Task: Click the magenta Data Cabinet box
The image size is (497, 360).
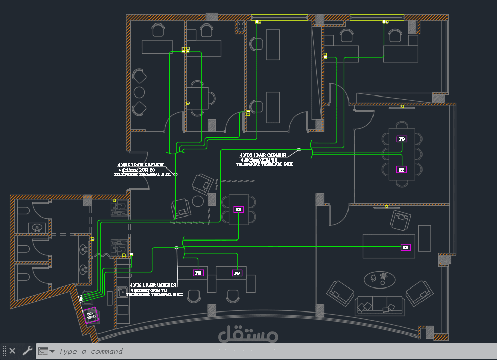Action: (91, 316)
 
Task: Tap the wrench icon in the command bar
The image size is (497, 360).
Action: (27, 351)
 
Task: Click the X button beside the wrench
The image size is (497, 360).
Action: (13, 351)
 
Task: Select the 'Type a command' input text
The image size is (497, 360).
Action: (91, 351)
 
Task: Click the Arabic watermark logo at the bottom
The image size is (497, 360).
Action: (248, 334)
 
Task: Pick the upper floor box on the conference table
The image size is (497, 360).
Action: (402, 139)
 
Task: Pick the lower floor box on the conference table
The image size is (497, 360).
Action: (402, 170)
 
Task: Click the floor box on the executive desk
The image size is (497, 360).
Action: (406, 247)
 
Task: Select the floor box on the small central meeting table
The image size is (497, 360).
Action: (238, 209)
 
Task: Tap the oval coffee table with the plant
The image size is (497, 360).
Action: (379, 279)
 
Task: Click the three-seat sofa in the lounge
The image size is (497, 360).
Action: (379, 305)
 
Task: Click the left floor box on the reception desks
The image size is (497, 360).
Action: (198, 273)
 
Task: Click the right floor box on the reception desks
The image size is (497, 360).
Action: (237, 273)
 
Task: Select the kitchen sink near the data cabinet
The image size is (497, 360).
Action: (122, 292)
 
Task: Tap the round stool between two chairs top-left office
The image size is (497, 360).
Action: (139, 92)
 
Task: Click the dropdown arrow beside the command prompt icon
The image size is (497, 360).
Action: (52, 351)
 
